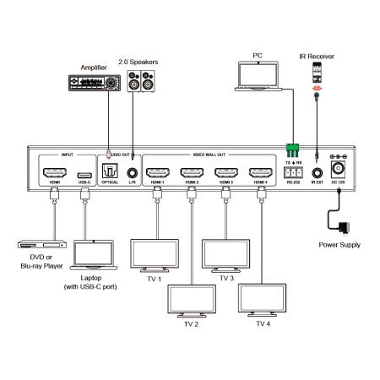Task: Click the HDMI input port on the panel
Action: pos(55,174)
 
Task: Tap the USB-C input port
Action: pos(84,174)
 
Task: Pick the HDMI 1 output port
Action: pos(157,174)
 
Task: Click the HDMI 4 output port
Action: pos(258,174)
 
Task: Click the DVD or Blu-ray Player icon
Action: pos(42,245)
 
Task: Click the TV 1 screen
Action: pos(153,254)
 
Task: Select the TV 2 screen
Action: pos(192,299)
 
